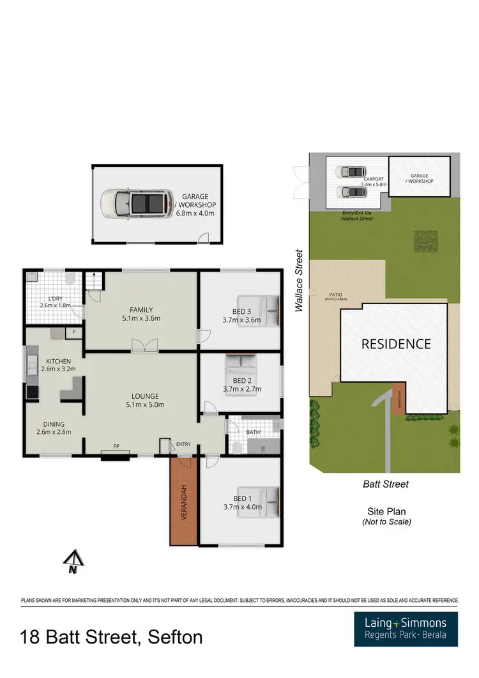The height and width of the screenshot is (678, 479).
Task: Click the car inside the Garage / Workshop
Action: pos(136,204)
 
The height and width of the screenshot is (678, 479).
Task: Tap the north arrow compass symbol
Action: pos(73,561)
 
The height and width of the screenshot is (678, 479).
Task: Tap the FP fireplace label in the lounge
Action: pos(116,446)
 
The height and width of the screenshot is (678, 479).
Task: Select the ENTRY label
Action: pos(183,444)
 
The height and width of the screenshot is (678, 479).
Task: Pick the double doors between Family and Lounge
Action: pos(144,346)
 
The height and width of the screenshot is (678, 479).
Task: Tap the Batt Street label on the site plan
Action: pos(386,484)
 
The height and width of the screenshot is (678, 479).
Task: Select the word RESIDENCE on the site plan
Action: pos(396,344)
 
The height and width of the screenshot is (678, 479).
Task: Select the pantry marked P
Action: pos(73,332)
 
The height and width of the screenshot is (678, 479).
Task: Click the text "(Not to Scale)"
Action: pos(386,521)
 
